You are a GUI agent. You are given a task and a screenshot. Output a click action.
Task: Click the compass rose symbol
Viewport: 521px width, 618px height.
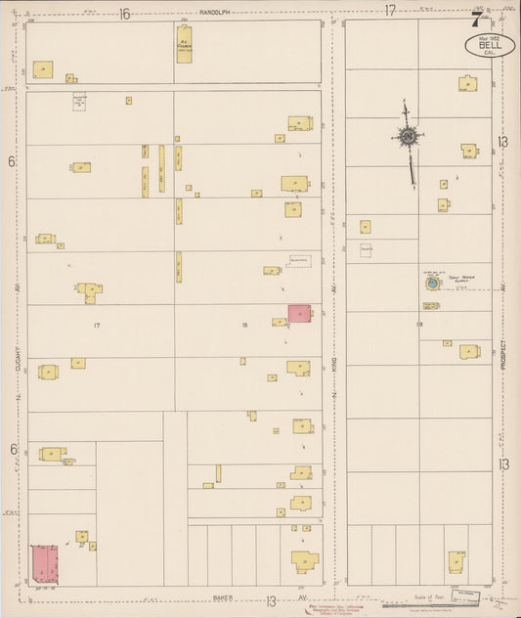point(406,137)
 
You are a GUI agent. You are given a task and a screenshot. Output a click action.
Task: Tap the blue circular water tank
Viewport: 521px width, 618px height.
point(430,283)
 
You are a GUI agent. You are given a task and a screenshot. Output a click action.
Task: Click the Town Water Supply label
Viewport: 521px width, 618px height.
point(461,278)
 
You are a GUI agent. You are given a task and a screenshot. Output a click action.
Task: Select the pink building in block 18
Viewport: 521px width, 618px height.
point(299,313)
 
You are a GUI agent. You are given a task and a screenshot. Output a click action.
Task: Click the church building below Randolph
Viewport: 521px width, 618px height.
point(183,45)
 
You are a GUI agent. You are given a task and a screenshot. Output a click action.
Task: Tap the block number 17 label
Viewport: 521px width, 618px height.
point(96,324)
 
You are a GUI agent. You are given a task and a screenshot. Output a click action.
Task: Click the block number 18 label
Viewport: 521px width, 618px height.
point(245,324)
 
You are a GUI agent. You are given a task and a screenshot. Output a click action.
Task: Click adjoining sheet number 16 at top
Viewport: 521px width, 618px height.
point(125,12)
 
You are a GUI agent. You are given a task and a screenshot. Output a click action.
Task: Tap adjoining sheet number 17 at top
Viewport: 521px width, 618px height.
point(389,11)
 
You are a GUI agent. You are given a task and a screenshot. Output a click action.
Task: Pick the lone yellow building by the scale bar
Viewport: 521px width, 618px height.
point(456,562)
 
